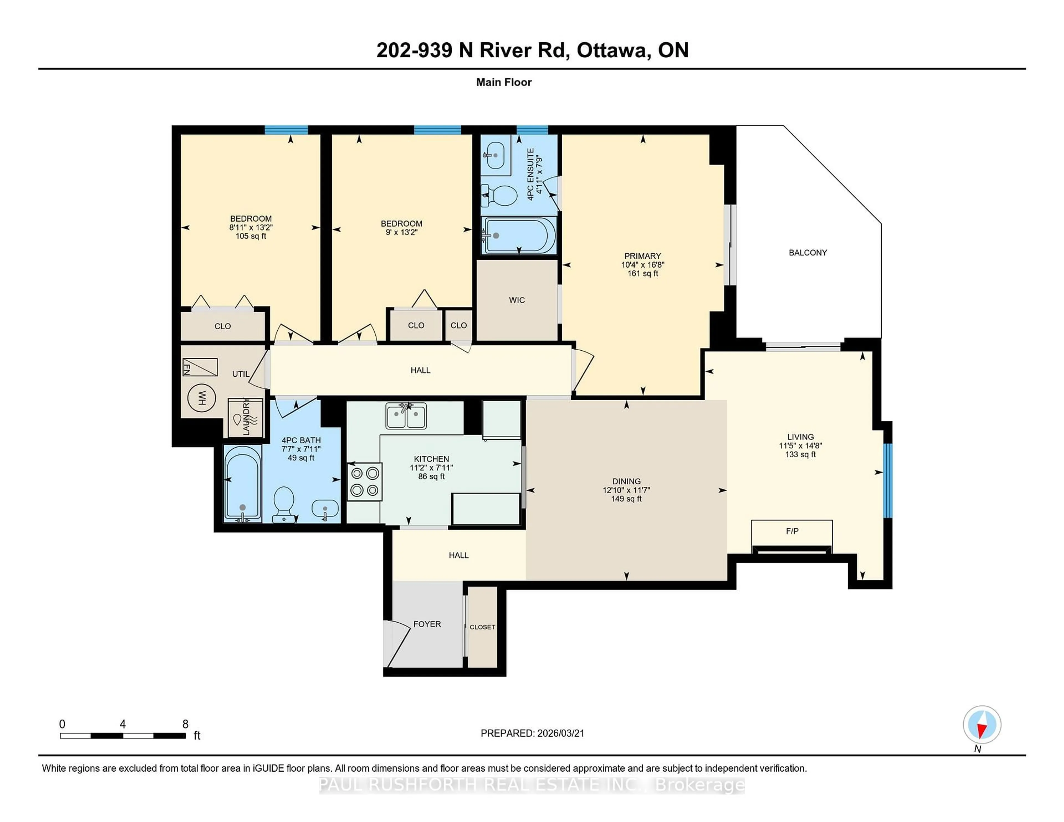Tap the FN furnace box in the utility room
click(x=200, y=367)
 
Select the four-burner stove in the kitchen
click(x=364, y=482)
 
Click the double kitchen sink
click(x=406, y=416)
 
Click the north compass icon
click(x=982, y=725)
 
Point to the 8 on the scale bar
click(x=185, y=724)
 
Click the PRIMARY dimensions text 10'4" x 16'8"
click(x=643, y=265)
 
